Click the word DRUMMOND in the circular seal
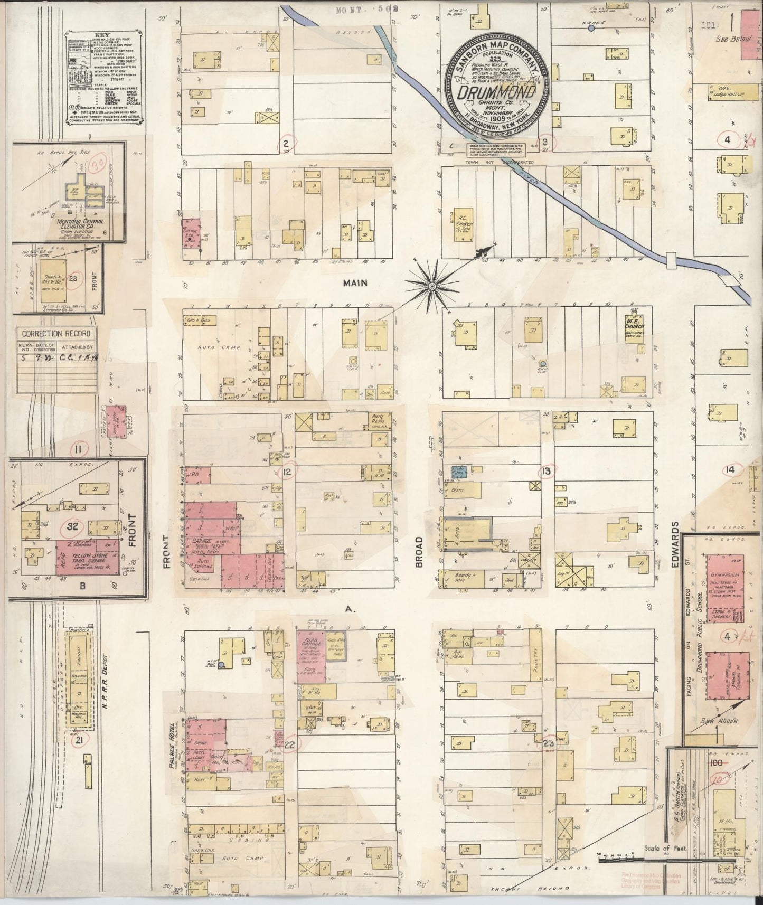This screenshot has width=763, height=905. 496,93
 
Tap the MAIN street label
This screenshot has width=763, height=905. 355,283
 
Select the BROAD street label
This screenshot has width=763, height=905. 419,552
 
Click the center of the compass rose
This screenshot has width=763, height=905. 432,286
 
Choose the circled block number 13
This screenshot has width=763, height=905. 547,470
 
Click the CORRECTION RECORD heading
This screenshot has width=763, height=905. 56,334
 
